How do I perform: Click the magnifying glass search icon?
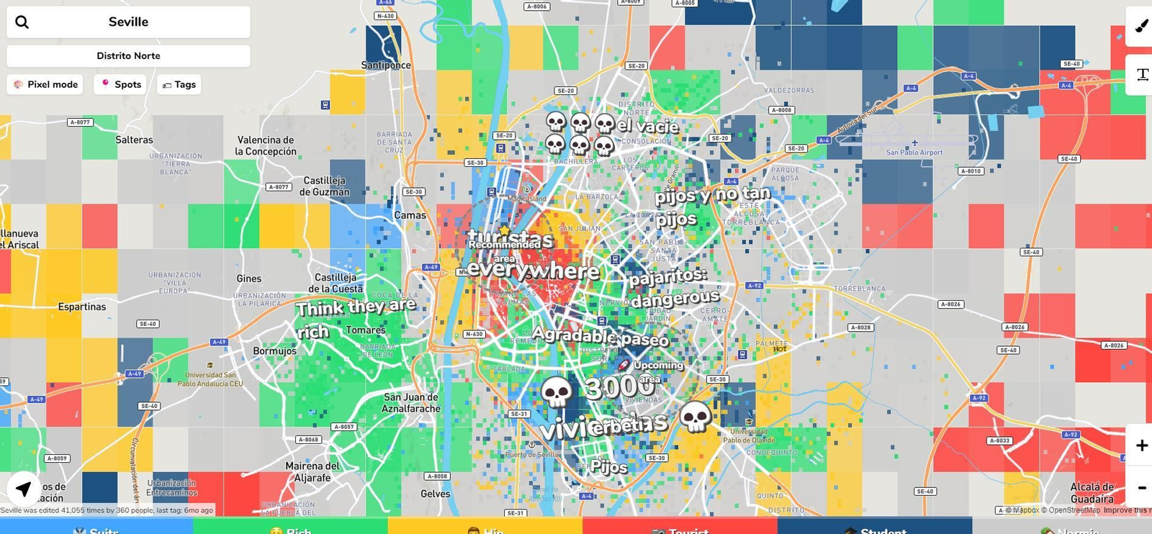pyautogui.click(x=22, y=22)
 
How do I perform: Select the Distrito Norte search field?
pyautogui.click(x=128, y=55)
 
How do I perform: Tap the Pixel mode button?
pyautogui.click(x=45, y=84)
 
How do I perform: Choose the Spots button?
pyautogui.click(x=120, y=84)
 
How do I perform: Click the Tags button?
pyautogui.click(x=179, y=84)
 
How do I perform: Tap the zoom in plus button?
pyautogui.click(x=1141, y=445)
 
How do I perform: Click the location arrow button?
pyautogui.click(x=24, y=489)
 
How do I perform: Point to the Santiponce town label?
pyautogui.click(x=386, y=65)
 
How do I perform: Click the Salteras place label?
pyautogui.click(x=134, y=140)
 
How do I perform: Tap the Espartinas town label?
pyautogui.click(x=82, y=307)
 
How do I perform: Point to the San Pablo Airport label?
pyautogui.click(x=914, y=153)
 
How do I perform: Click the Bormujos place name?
pyautogui.click(x=274, y=350)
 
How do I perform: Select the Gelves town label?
pyautogui.click(x=435, y=494)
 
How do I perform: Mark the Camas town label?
pyautogui.click(x=410, y=215)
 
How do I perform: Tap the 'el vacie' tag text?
pyautogui.click(x=647, y=127)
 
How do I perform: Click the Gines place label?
pyautogui.click(x=249, y=279)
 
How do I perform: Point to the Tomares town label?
pyautogui.click(x=366, y=330)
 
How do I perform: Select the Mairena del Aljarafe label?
pyautogui.click(x=312, y=471)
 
